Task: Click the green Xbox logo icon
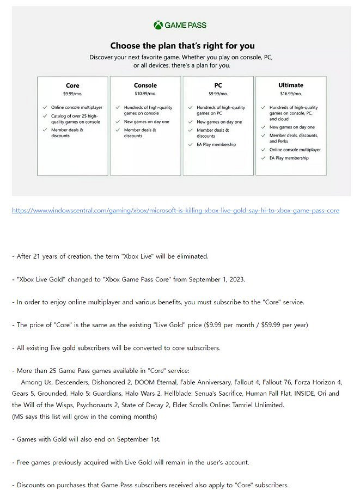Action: tap(158, 25)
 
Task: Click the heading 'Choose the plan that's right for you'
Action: tap(182, 46)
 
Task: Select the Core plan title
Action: tap(72, 85)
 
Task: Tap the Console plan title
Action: tap(145, 85)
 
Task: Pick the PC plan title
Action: tap(218, 85)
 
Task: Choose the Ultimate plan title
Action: tap(291, 85)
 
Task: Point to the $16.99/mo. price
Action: tap(291, 94)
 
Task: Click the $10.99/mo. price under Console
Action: tap(145, 94)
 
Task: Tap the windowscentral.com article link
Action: tap(175, 210)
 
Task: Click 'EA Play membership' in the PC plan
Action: tap(216, 145)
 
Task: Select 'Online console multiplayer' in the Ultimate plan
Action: tap(295, 149)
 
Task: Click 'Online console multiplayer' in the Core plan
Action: tap(76, 108)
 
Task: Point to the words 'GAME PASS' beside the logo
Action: tap(186, 25)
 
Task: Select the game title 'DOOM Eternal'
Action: tap(154, 382)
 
